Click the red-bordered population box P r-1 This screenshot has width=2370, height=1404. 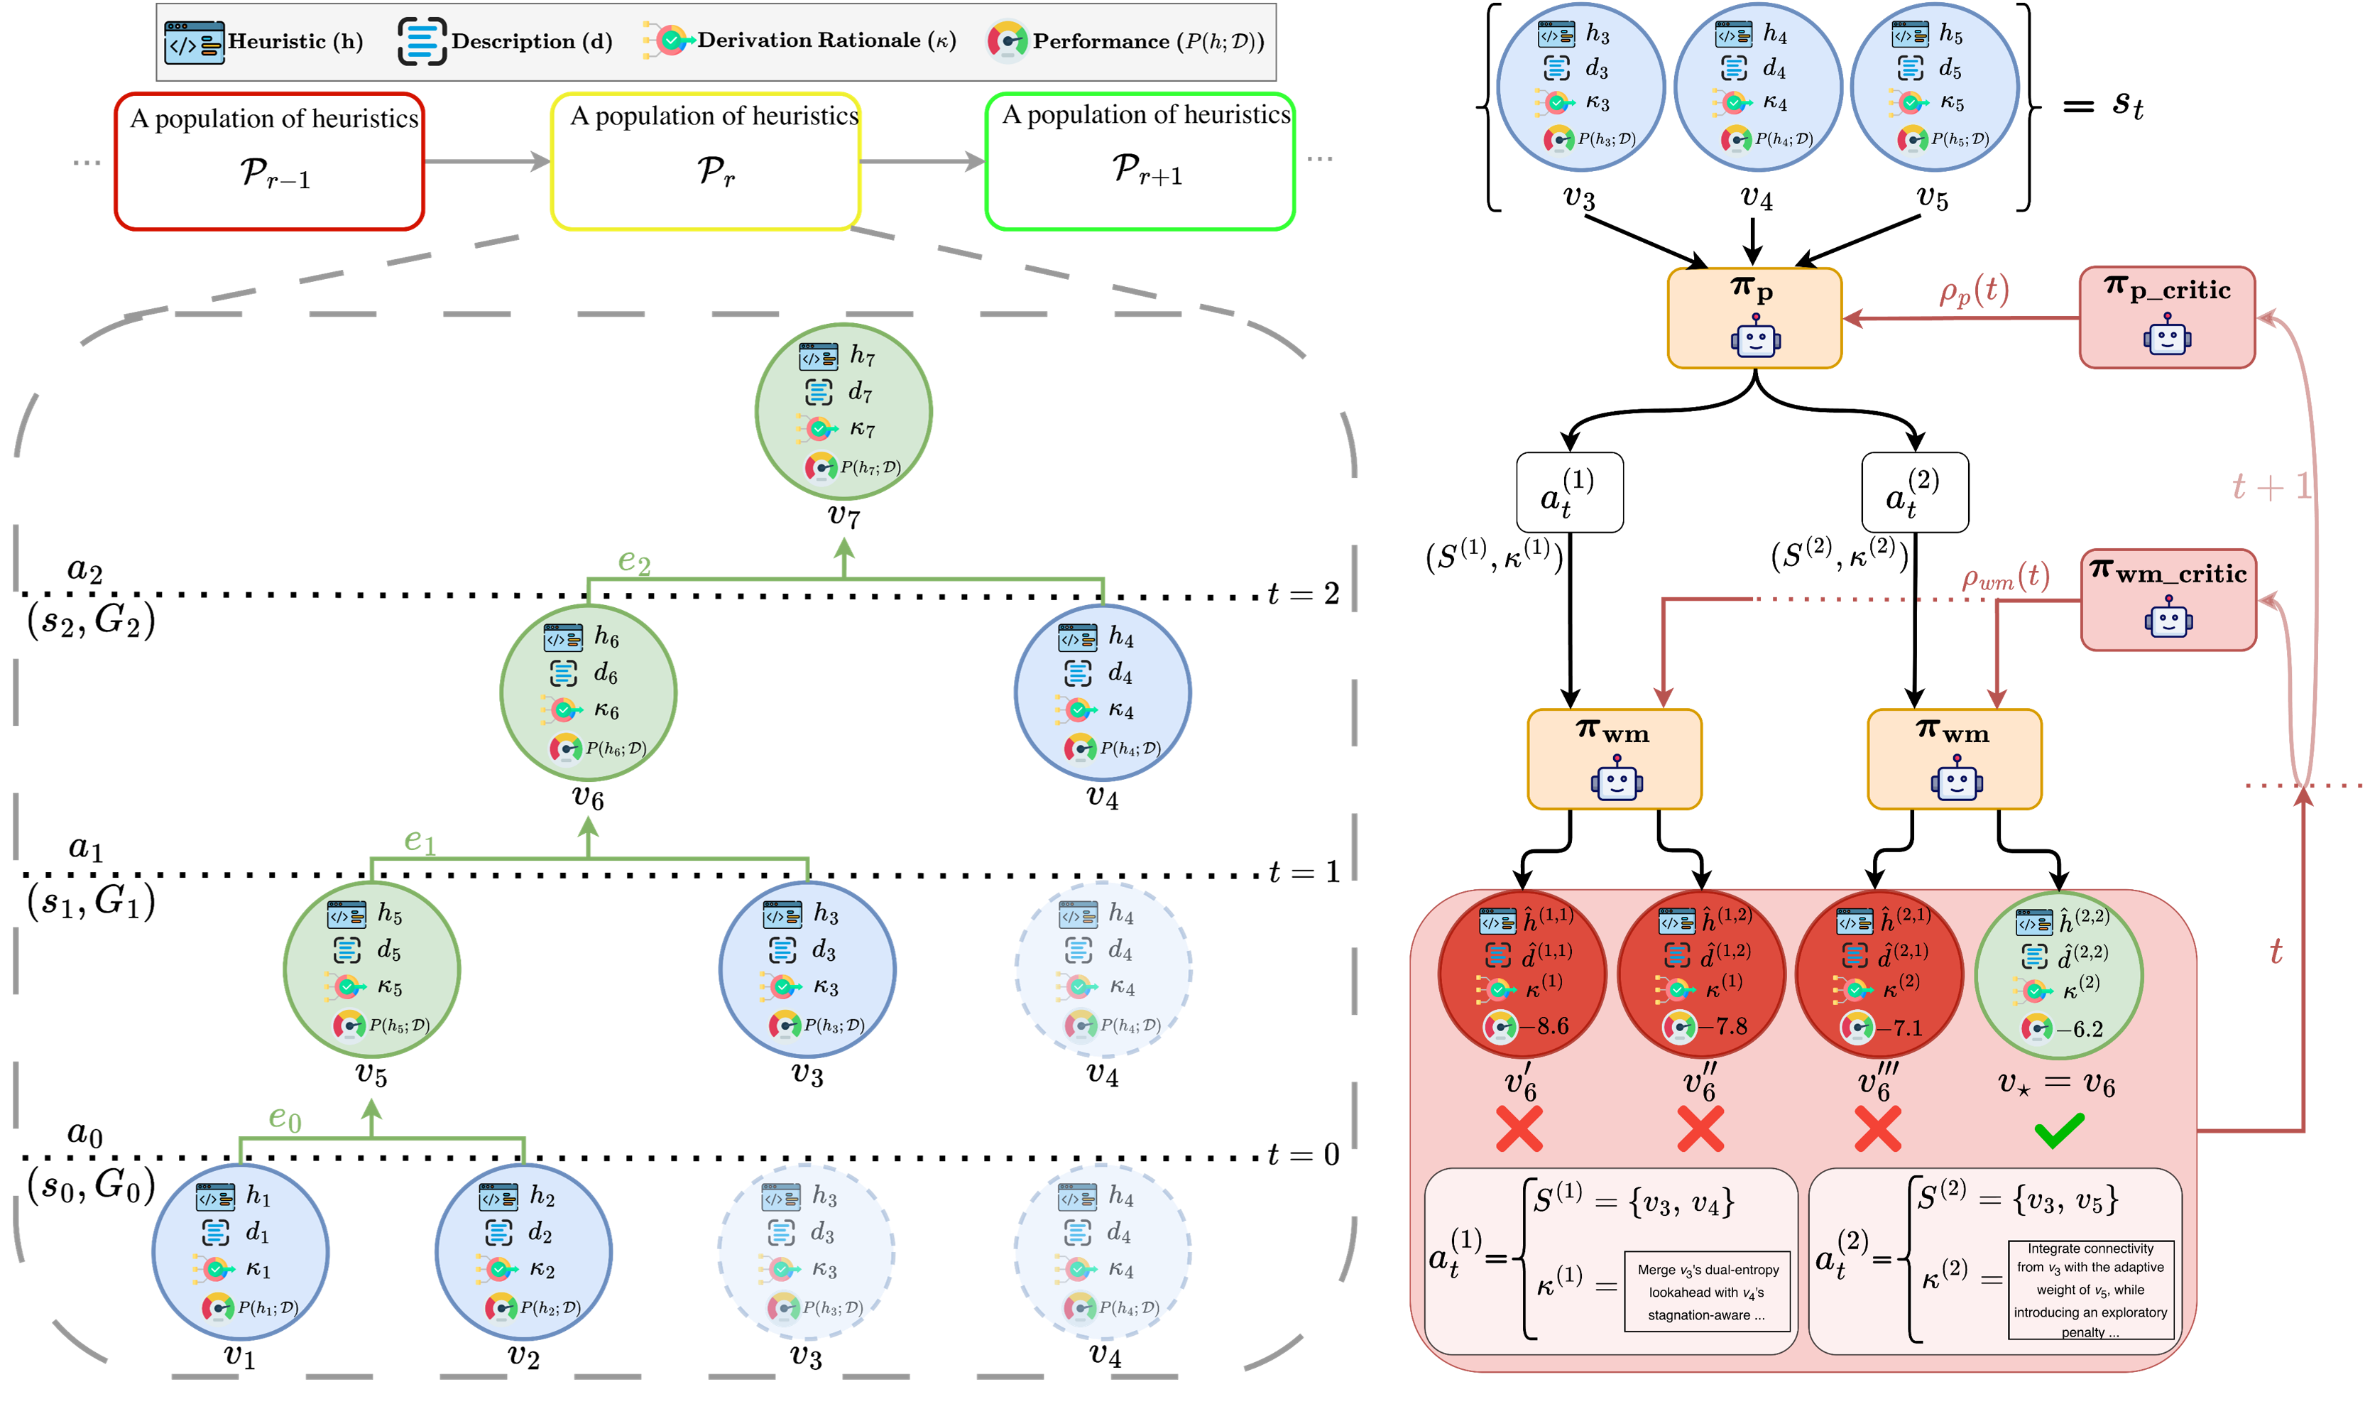(270, 160)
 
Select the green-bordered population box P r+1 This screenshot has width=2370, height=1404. (1140, 160)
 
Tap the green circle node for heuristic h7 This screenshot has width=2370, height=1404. (843, 412)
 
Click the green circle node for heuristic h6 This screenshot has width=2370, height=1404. (589, 692)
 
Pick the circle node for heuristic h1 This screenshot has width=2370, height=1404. (240, 1252)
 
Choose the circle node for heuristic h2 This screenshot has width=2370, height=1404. (523, 1252)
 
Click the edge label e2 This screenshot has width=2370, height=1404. (633, 562)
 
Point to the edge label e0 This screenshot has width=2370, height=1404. (285, 1119)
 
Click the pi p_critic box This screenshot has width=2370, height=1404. (2167, 317)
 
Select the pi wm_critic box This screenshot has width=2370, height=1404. (2168, 600)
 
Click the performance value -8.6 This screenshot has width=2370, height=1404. (1544, 1026)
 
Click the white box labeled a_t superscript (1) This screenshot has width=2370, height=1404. (1569, 493)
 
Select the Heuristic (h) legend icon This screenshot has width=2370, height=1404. (194, 43)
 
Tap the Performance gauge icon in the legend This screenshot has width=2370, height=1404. (1007, 42)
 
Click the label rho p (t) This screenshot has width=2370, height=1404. (1974, 290)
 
